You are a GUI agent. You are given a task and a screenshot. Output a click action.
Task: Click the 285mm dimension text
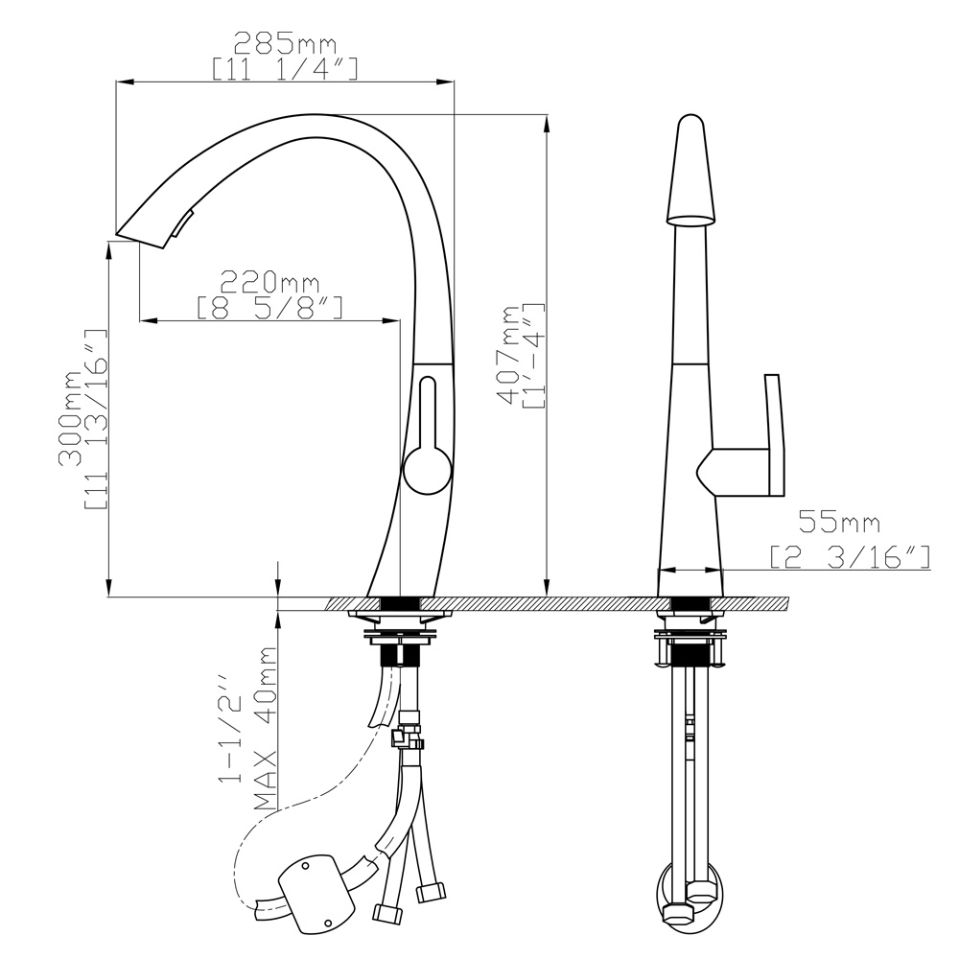(286, 43)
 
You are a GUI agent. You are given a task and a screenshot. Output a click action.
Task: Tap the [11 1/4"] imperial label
(285, 69)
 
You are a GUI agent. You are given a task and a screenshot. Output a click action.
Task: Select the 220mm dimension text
(269, 282)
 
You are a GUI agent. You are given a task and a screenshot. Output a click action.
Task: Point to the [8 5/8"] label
(269, 308)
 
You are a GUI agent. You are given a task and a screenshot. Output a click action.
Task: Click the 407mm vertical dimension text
(507, 355)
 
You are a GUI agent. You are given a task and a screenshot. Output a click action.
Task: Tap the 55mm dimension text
(840, 522)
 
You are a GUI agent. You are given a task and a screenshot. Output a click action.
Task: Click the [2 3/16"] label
(850, 556)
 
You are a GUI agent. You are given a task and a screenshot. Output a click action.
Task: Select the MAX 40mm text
(266, 729)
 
